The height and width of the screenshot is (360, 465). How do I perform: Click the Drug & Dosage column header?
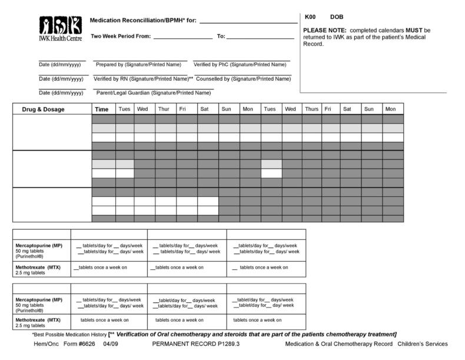(x=44, y=109)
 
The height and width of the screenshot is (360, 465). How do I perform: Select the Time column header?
(x=102, y=109)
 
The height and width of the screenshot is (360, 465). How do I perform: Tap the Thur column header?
(x=163, y=109)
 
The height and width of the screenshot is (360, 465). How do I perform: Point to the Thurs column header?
(x=311, y=109)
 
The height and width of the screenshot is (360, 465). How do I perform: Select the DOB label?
(x=337, y=17)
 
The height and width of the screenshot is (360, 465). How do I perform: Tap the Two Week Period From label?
(x=121, y=37)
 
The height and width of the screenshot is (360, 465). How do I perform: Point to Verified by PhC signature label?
(x=241, y=64)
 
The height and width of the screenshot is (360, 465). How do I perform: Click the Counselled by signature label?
(x=243, y=78)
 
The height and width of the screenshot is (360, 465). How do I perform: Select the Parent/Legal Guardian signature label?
(x=153, y=93)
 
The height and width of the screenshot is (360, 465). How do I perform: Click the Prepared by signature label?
(x=138, y=64)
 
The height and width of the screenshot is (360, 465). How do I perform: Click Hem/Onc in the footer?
(x=45, y=344)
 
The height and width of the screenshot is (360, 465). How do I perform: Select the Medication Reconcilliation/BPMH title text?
(x=142, y=21)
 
